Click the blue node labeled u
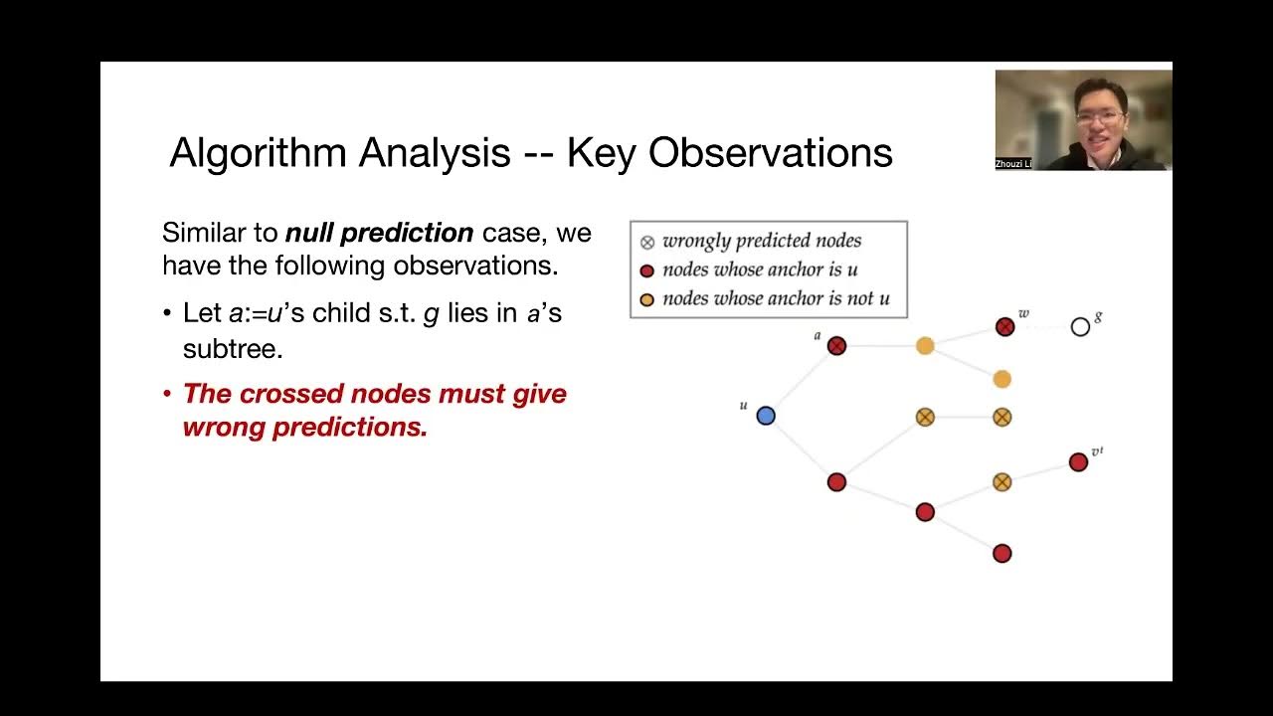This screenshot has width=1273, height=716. (766, 416)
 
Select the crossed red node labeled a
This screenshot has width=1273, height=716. (836, 346)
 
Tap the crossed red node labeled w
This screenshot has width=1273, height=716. (1004, 327)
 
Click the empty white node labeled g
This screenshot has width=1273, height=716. (1080, 327)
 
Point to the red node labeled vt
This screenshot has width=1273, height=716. (1078, 462)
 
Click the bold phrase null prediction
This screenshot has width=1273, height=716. (379, 234)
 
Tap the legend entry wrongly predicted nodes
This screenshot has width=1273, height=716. (761, 241)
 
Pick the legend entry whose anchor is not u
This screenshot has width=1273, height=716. (776, 298)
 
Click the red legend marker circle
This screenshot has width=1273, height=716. (646, 270)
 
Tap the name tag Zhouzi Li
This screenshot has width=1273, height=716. (1011, 163)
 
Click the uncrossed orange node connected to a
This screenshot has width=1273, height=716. (925, 346)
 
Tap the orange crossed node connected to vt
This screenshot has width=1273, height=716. (1001, 482)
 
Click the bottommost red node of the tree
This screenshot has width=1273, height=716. (1001, 554)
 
